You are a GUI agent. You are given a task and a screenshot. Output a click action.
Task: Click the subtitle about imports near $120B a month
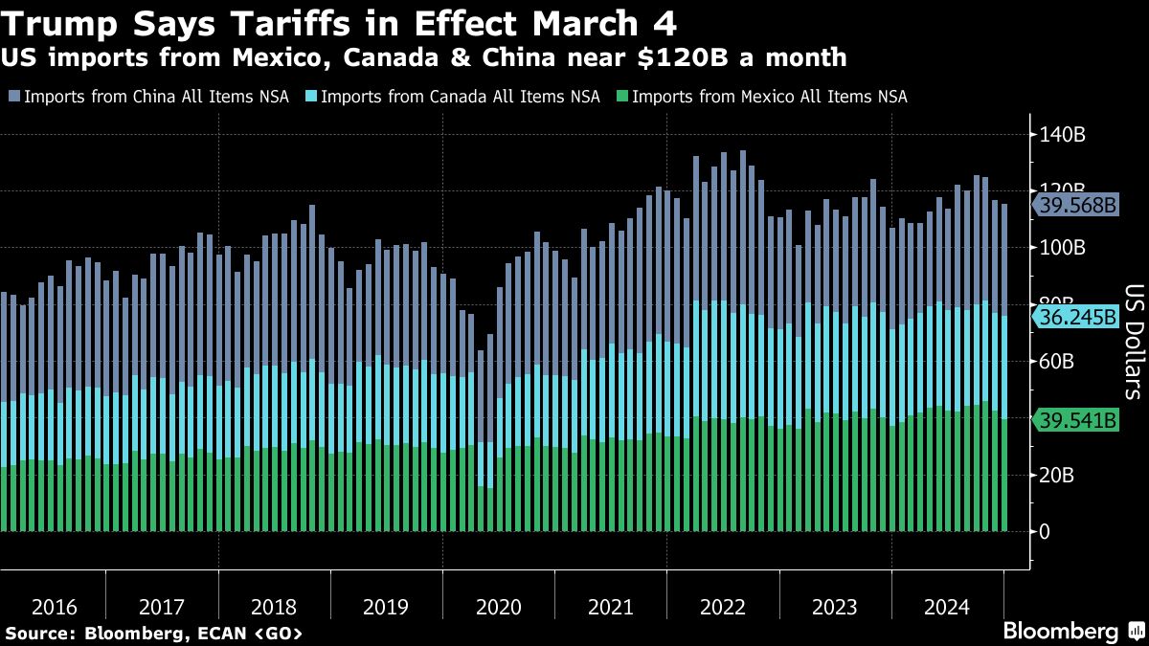pyautogui.click(x=423, y=58)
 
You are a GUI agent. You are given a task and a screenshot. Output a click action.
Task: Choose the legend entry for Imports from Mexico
pyautogui.click(x=761, y=97)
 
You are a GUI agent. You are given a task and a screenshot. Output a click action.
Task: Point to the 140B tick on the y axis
pyautogui.click(x=1064, y=135)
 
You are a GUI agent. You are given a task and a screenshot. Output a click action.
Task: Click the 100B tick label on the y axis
pyautogui.click(x=1064, y=248)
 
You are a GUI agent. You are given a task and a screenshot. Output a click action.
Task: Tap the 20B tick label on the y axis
pyautogui.click(x=1060, y=475)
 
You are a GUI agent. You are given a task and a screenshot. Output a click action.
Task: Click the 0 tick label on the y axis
pyautogui.click(x=1046, y=531)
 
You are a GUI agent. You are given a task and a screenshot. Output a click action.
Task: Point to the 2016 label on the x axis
pyautogui.click(x=55, y=607)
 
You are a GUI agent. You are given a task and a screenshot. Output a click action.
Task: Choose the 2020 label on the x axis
pyautogui.click(x=498, y=607)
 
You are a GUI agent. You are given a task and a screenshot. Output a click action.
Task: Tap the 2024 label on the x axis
pyautogui.click(x=946, y=607)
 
